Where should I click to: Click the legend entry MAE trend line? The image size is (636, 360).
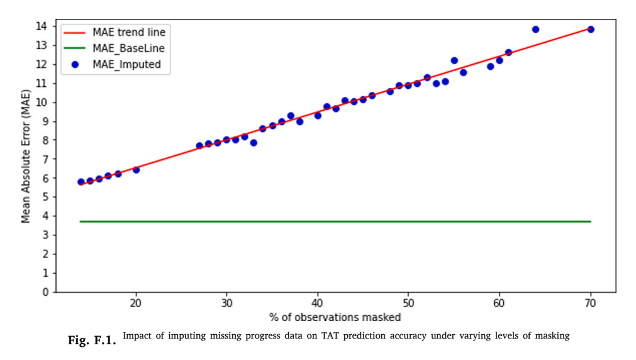(129, 32)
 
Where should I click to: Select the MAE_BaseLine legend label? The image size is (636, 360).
(128, 48)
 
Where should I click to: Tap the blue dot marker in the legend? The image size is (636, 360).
(75, 65)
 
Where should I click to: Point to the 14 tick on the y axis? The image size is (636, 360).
(42, 26)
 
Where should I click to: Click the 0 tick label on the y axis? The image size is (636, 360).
(45, 292)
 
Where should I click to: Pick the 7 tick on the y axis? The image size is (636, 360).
(45, 159)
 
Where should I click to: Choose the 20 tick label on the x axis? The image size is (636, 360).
(136, 303)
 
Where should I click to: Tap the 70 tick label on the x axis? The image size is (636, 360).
(591, 303)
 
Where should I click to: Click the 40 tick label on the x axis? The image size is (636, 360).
(318, 303)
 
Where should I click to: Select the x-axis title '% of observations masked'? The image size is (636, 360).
(335, 317)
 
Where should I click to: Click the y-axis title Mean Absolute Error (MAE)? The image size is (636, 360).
(26, 156)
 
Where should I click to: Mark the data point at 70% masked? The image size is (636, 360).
(591, 29)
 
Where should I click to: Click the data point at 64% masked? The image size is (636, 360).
(535, 29)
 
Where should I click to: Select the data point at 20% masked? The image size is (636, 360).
(137, 170)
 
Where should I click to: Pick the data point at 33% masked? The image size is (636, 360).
(254, 143)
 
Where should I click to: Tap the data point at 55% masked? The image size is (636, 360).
(454, 60)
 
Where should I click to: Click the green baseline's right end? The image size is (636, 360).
(591, 222)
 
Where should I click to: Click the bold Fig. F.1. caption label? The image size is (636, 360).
(92, 340)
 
